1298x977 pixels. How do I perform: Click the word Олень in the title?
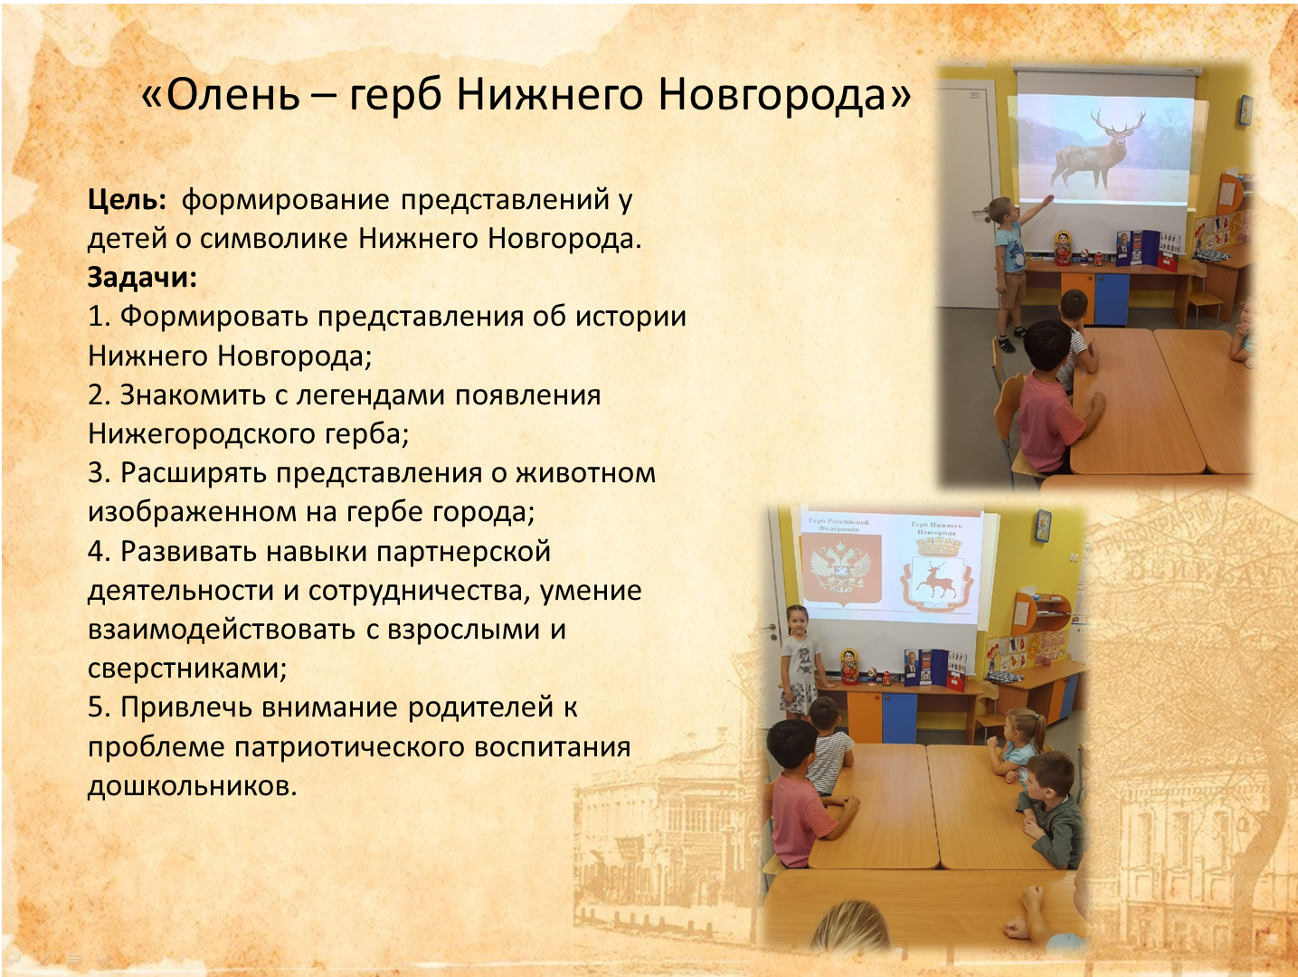tap(233, 95)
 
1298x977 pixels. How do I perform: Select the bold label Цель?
tap(128, 200)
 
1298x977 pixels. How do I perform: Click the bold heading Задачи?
tap(142, 277)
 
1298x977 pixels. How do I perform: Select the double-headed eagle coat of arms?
tap(840, 570)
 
